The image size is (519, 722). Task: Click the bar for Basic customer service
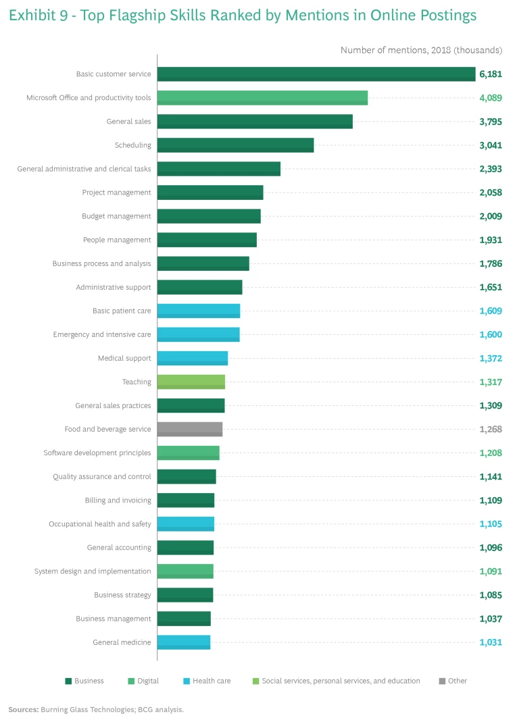pyautogui.click(x=316, y=74)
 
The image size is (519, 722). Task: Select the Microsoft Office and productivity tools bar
pyautogui.click(x=262, y=98)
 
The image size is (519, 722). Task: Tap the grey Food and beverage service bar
pyautogui.click(x=190, y=429)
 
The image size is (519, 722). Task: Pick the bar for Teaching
pyautogui.click(x=191, y=382)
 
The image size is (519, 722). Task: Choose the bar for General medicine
pyautogui.click(x=184, y=642)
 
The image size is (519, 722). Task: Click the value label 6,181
pyautogui.click(x=491, y=74)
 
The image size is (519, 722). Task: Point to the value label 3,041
pyautogui.click(x=491, y=145)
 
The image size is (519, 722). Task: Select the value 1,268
pyautogui.click(x=491, y=429)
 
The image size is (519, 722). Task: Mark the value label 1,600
pyautogui.click(x=491, y=334)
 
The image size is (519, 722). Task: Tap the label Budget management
pyautogui.click(x=116, y=216)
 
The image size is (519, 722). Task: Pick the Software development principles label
pyautogui.click(x=97, y=453)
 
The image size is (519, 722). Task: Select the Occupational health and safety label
pyautogui.click(x=100, y=524)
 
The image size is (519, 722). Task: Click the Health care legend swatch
pyautogui.click(x=187, y=681)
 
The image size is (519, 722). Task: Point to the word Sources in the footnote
pyautogui.click(x=23, y=710)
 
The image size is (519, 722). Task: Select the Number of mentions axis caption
pyautogui.click(x=421, y=50)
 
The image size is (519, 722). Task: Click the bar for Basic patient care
pyautogui.click(x=199, y=311)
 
